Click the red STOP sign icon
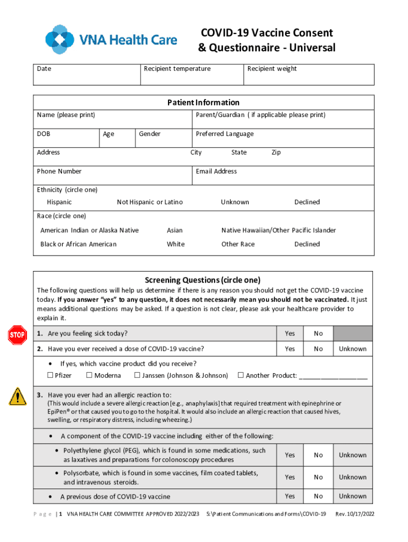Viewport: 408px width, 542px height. (x=17, y=335)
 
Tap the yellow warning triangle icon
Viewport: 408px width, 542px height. (x=17, y=395)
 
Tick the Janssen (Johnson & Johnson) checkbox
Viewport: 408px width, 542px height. (x=137, y=375)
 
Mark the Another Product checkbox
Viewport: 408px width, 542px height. (x=241, y=375)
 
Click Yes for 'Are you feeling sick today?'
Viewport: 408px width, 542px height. (x=290, y=333)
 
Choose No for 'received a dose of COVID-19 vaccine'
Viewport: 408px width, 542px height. (x=318, y=349)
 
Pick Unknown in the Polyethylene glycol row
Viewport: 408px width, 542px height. (x=352, y=455)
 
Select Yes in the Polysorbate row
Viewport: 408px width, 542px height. (x=290, y=477)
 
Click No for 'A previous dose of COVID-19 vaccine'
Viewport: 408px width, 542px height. (x=318, y=496)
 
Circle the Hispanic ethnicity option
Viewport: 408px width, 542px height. (x=59, y=202)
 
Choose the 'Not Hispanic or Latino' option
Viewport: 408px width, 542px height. (x=149, y=202)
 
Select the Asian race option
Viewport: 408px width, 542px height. (x=174, y=230)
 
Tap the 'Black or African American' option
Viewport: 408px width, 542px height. (x=78, y=244)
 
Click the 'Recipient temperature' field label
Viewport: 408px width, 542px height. (x=177, y=69)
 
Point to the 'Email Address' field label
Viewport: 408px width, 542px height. (x=216, y=171)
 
